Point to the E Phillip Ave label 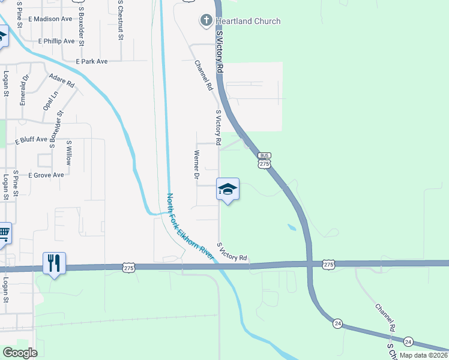[x=56, y=41]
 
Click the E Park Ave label [x=92, y=61]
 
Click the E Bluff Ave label [x=31, y=139]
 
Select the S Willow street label [x=69, y=152]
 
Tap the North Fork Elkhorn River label [x=190, y=227]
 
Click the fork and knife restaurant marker [x=54, y=263]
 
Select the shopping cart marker [x=3, y=233]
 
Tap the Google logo [x=20, y=353]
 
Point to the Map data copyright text [x=423, y=355]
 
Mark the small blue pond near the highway [x=292, y=228]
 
